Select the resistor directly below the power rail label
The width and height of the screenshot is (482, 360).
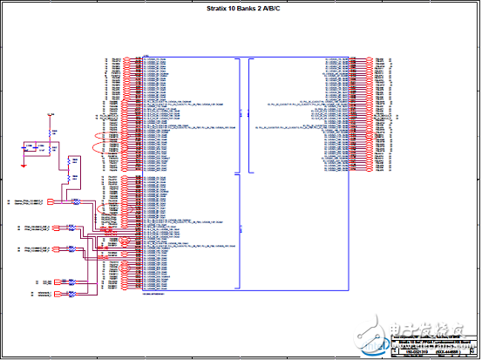(x=51, y=130)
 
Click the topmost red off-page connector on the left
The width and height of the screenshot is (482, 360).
(x=51, y=202)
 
